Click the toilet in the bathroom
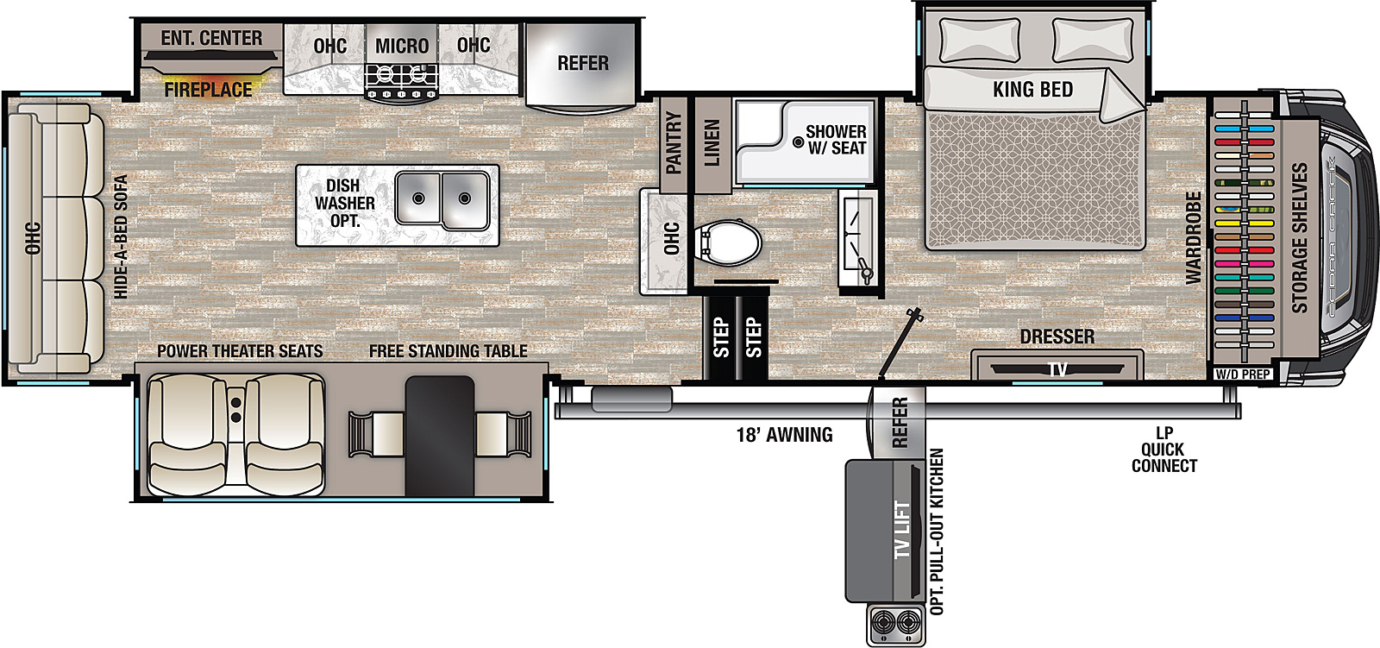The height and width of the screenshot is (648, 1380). (x=728, y=243)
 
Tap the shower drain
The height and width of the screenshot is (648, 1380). (x=798, y=142)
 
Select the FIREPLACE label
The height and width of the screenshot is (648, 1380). (x=208, y=90)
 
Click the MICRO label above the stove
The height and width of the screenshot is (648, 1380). (x=402, y=46)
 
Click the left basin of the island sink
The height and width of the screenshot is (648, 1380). (x=418, y=198)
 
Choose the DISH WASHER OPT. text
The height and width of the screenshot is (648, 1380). (x=344, y=203)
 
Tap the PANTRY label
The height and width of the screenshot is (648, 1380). (x=674, y=142)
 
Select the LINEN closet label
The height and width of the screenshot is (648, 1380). (x=712, y=143)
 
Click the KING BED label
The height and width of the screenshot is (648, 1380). (x=1032, y=90)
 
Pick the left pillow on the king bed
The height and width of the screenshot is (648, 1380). (x=979, y=40)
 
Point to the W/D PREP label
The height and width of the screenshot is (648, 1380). (x=1243, y=374)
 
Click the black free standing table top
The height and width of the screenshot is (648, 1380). (x=439, y=435)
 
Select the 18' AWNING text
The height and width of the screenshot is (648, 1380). (x=784, y=435)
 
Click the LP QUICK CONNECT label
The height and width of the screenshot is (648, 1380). (x=1164, y=450)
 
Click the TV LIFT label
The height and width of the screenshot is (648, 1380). (x=902, y=530)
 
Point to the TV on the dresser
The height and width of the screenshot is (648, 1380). (x=1057, y=369)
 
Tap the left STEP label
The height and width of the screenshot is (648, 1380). (x=721, y=337)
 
